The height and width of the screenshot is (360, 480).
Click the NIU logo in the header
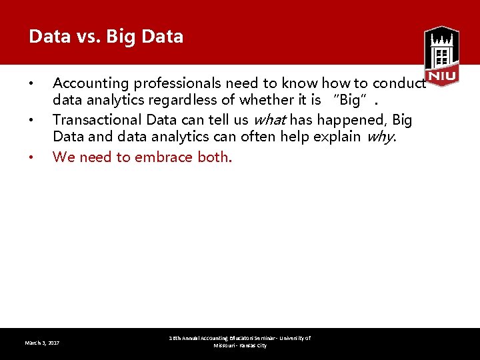pos(441,56)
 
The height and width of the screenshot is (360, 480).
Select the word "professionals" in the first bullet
pos(177,83)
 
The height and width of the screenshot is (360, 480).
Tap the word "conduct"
pos(398,83)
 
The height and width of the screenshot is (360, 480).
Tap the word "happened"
pos(349,120)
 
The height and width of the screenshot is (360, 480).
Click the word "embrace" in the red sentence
pos(164,157)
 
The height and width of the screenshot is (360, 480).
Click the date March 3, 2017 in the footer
pos(42,343)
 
